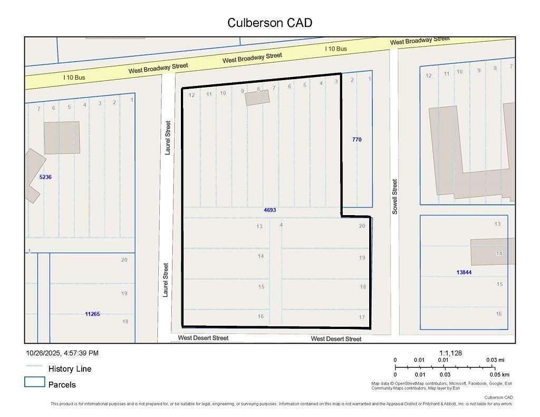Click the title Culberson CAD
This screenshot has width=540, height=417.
[x=269, y=23]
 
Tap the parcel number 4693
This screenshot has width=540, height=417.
[x=270, y=210]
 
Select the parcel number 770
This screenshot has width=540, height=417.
[x=357, y=140]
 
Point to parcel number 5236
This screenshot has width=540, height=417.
[x=45, y=177]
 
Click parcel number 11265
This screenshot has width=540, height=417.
[x=92, y=314]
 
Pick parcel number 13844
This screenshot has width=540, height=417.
[x=464, y=273]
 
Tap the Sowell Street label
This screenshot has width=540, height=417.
[x=394, y=196]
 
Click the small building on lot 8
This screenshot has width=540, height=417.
[x=257, y=98]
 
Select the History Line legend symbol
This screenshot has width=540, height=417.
[x=34, y=366]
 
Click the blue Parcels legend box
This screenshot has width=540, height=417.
[x=34, y=382]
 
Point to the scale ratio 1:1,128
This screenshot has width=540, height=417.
[x=450, y=353]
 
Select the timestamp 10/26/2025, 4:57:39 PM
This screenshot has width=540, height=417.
[x=62, y=353]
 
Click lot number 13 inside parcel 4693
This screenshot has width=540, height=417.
[x=259, y=227]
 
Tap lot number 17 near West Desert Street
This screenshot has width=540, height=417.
[x=362, y=317]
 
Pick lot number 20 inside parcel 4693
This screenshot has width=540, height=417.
[x=362, y=226]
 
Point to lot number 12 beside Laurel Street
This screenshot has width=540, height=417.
[x=192, y=95]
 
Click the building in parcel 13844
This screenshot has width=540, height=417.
[x=493, y=252]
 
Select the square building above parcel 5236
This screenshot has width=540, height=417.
[x=62, y=138]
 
